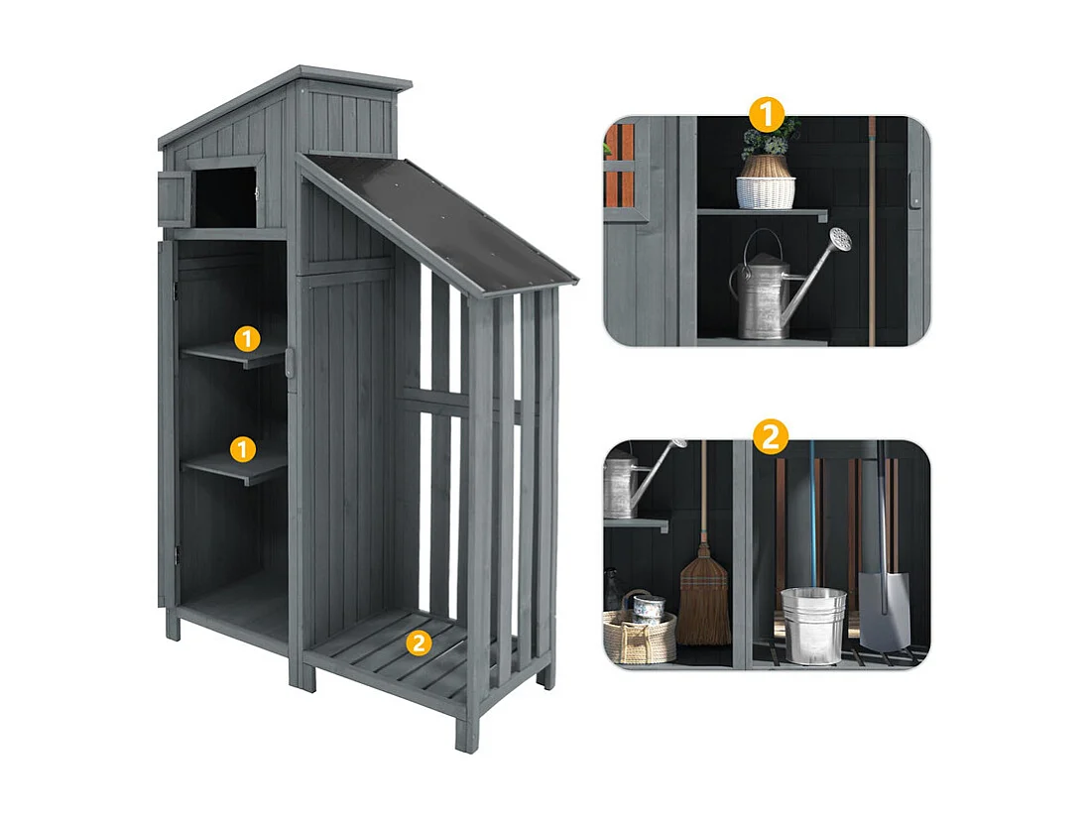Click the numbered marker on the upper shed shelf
tap(247, 339)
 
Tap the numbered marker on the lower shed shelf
tap(243, 449)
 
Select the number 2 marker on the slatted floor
tap(420, 643)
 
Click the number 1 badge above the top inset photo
tap(766, 114)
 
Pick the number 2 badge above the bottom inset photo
tap(771, 437)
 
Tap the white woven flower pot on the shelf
tap(766, 189)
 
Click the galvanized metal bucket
tap(813, 625)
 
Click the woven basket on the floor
tap(639, 635)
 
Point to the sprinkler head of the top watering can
tap(841, 239)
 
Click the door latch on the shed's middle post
tap(291, 361)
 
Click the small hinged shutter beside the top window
tap(173, 197)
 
